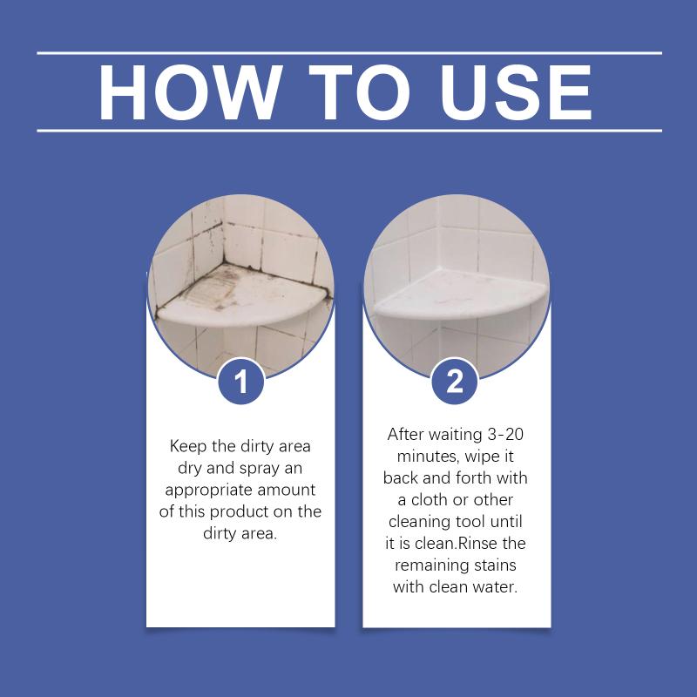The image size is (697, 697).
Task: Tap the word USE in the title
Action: (516, 92)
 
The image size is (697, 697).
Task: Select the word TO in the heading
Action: (359, 92)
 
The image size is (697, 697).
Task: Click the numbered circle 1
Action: (241, 382)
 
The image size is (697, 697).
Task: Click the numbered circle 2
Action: (454, 382)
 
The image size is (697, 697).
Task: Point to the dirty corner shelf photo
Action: (241, 287)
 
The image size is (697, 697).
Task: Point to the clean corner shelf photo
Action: (457, 287)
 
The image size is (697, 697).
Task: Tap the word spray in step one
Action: (259, 469)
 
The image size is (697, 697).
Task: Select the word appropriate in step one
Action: (208, 491)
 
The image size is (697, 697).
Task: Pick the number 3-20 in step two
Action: (505, 434)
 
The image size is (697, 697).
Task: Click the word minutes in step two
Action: (428, 457)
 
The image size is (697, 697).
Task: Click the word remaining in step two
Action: (428, 565)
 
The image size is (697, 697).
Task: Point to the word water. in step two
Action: (495, 587)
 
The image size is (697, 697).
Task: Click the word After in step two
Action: (404, 434)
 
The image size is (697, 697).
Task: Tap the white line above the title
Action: (349, 53)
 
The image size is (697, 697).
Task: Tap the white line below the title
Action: (349, 131)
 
